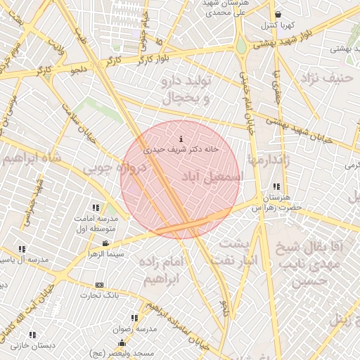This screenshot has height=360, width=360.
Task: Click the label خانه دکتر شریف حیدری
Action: [181, 150]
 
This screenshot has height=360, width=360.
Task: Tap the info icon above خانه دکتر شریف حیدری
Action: [182, 139]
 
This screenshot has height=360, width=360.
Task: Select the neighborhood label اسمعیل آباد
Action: [211, 175]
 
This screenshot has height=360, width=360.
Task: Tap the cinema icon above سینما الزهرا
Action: [105, 244]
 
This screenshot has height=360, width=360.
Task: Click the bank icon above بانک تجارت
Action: [99, 285]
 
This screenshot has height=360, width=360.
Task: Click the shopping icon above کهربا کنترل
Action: [278, 14]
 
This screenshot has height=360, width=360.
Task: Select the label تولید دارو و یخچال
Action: [187, 91]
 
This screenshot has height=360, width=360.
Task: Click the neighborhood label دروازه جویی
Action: [113, 168]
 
